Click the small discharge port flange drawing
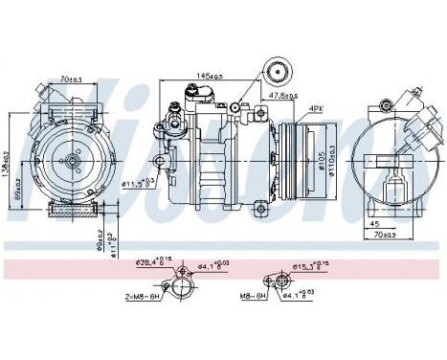pos(283,281)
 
